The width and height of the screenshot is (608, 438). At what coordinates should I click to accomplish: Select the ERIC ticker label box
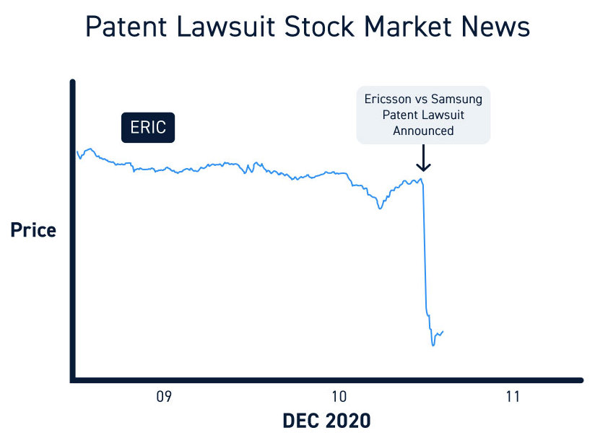(148, 128)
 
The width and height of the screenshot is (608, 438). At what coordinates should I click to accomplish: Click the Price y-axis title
(32, 230)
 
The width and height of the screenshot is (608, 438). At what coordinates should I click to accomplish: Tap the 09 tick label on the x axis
(164, 396)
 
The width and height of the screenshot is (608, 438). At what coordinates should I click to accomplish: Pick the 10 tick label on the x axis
(338, 396)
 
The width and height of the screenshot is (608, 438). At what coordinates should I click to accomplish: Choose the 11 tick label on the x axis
(512, 396)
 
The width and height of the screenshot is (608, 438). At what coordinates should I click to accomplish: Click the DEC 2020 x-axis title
(327, 421)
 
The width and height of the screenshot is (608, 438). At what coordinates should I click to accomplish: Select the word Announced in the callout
(423, 131)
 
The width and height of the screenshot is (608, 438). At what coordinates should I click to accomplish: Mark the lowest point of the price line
(433, 345)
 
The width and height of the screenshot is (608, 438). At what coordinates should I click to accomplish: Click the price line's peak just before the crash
(421, 178)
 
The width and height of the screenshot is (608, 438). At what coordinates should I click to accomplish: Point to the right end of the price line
(443, 331)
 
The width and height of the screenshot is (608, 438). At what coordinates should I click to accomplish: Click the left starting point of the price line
(77, 152)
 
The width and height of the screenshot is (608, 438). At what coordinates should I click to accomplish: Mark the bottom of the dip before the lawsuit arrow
(380, 209)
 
